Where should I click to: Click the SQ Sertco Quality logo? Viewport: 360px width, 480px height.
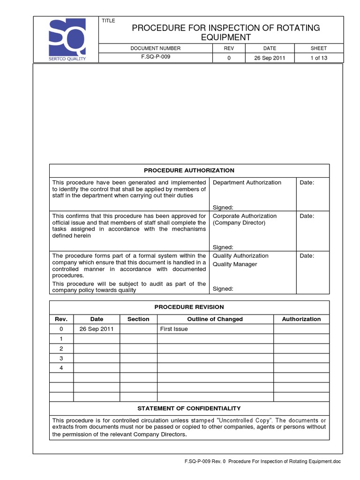pyautogui.click(x=67, y=39)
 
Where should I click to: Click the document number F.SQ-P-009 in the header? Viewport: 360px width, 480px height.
pyautogui.click(x=155, y=58)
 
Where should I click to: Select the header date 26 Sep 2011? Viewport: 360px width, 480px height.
pyautogui.click(x=270, y=58)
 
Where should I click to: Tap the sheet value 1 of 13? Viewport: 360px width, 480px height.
pyautogui.click(x=318, y=58)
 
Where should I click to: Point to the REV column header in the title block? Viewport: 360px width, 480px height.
pyautogui.click(x=229, y=48)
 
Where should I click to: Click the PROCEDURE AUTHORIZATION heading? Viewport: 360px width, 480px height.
pyautogui.click(x=189, y=171)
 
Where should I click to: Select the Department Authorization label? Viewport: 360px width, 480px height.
pyautogui.click(x=247, y=182)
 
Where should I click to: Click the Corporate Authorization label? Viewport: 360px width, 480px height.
pyautogui.click(x=244, y=216)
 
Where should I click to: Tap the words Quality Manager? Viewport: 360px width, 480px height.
pyautogui.click(x=235, y=264)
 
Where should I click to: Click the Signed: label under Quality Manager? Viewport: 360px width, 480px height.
pyautogui.click(x=223, y=289)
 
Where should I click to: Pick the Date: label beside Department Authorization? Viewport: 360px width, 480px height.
pyautogui.click(x=307, y=182)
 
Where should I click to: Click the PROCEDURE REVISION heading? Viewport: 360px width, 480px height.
pyautogui.click(x=189, y=307)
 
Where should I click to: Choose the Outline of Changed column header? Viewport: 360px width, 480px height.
pyautogui.click(x=215, y=319)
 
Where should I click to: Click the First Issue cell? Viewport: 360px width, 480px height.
pyautogui.click(x=174, y=329)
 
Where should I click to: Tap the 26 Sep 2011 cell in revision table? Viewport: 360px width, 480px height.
pyautogui.click(x=96, y=329)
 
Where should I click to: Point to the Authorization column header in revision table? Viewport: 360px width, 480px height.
pyautogui.click(x=301, y=319)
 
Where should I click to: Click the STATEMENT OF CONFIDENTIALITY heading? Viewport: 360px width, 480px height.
pyautogui.click(x=189, y=408)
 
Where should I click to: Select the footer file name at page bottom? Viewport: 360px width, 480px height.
pyautogui.click(x=262, y=462)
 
